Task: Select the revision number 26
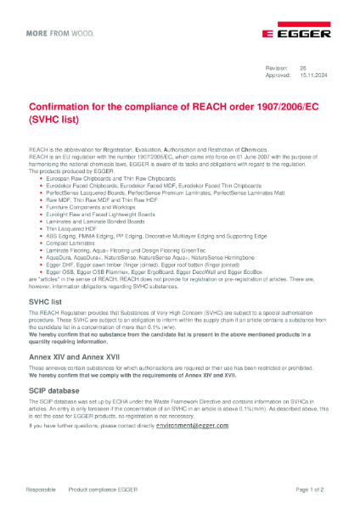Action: coord(301,67)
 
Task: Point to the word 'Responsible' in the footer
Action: coord(41,489)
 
